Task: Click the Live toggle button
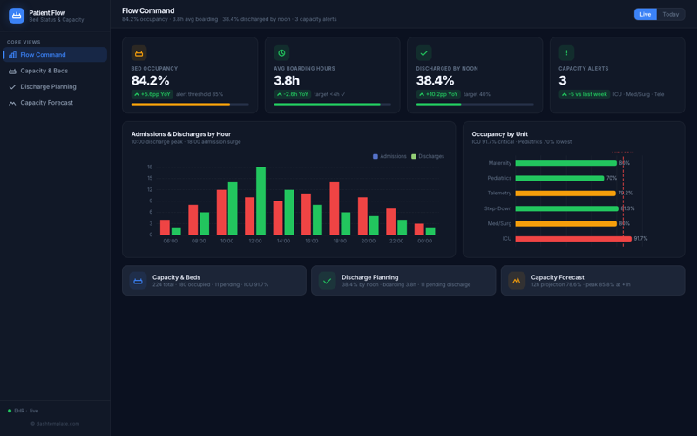tap(645, 14)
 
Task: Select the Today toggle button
tap(670, 14)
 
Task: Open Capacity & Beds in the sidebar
tap(44, 71)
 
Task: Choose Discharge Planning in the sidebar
tap(48, 86)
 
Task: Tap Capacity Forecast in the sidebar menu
tap(46, 103)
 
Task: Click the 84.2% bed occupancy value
tap(150, 80)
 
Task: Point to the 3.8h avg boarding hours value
tap(287, 80)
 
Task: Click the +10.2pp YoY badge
tap(437, 94)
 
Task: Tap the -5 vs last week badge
tap(583, 94)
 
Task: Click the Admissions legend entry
tap(389, 156)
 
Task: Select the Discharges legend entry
tap(428, 156)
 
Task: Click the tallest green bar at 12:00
tap(261, 201)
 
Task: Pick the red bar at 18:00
tap(335, 208)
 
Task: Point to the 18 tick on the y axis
tap(150, 167)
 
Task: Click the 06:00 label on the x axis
tap(171, 242)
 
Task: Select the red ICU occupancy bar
tap(572, 238)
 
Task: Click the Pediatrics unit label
tap(499, 178)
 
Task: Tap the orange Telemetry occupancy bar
tap(565, 193)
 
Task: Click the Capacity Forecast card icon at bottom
tap(517, 281)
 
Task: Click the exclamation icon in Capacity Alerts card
tap(566, 53)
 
